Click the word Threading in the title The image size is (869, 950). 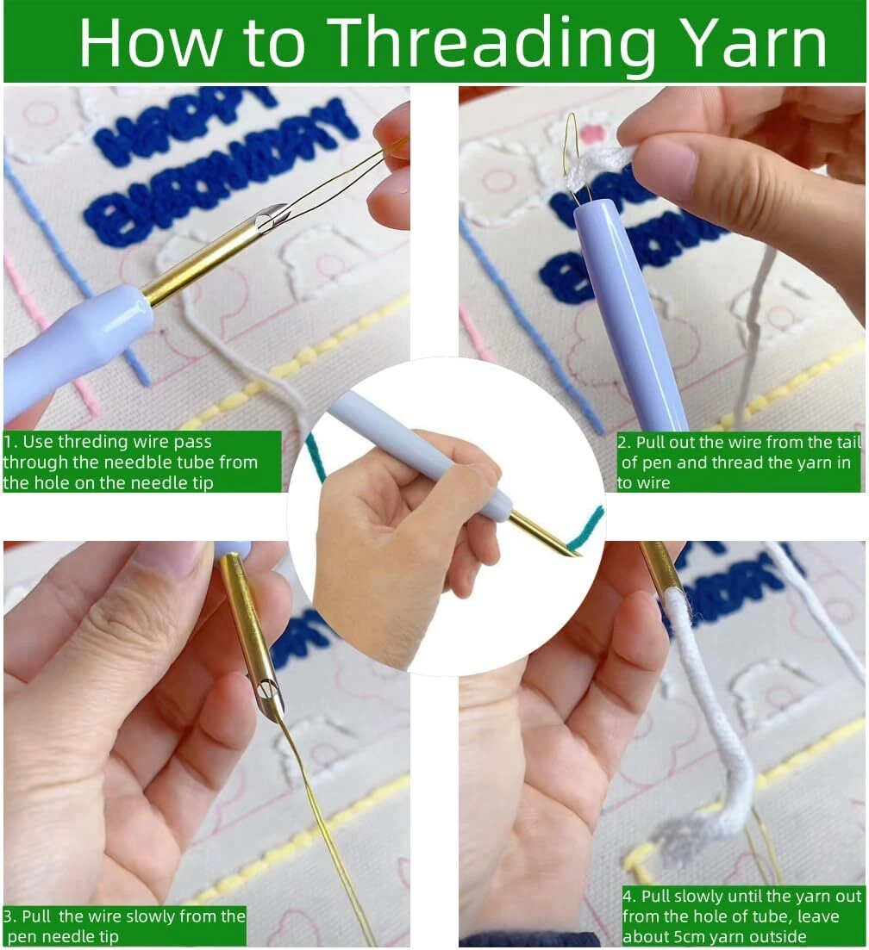(x=494, y=43)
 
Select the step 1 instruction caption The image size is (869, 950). (x=142, y=462)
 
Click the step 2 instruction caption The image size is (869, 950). (x=739, y=463)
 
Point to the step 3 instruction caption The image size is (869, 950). (x=124, y=925)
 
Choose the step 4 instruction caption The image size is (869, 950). (x=742, y=916)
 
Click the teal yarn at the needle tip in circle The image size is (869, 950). (x=585, y=528)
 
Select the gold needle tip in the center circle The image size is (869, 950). (x=544, y=534)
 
